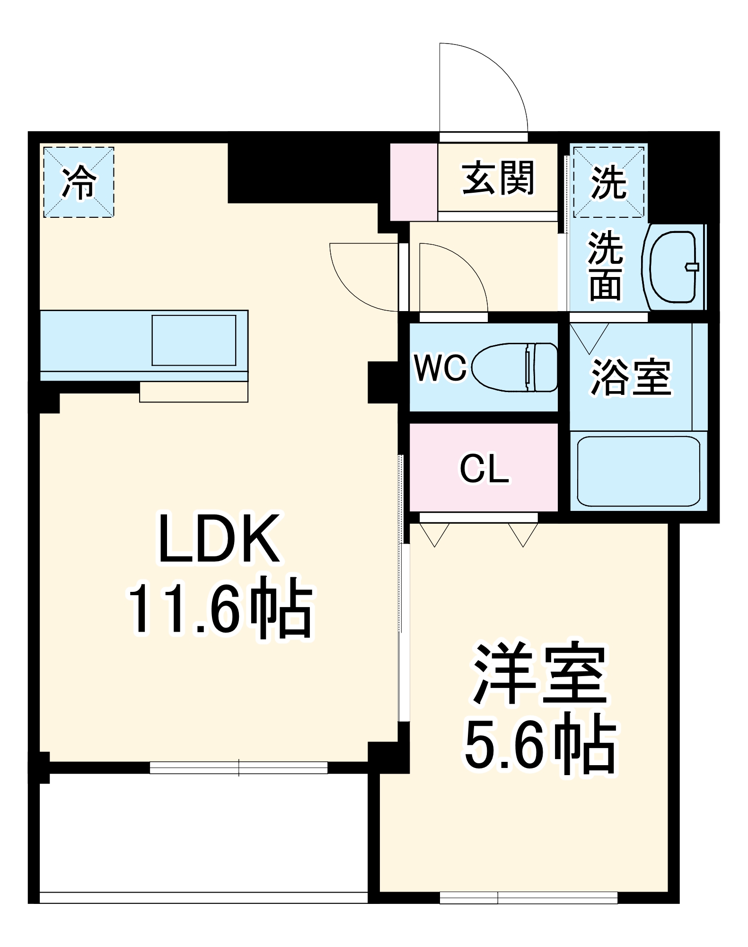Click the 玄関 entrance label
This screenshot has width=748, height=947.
pyautogui.click(x=498, y=179)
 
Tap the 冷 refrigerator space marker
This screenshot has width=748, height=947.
pyautogui.click(x=79, y=182)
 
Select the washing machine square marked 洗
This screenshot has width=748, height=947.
pyautogui.click(x=609, y=182)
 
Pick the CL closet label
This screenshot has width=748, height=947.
pyautogui.click(x=484, y=469)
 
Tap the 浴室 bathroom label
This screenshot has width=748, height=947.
pyautogui.click(x=631, y=377)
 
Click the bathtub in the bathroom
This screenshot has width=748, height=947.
pyautogui.click(x=638, y=471)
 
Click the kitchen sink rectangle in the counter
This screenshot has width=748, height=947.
pyautogui.click(x=194, y=340)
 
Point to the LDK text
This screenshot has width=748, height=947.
pyautogui.click(x=219, y=539)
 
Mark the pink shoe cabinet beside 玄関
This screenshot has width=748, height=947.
pyautogui.click(x=414, y=182)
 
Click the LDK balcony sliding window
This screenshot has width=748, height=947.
pyautogui.click(x=238, y=768)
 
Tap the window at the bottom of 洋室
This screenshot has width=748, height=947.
pyautogui.click(x=528, y=897)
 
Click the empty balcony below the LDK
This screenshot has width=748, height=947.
pyautogui.click(x=203, y=833)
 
